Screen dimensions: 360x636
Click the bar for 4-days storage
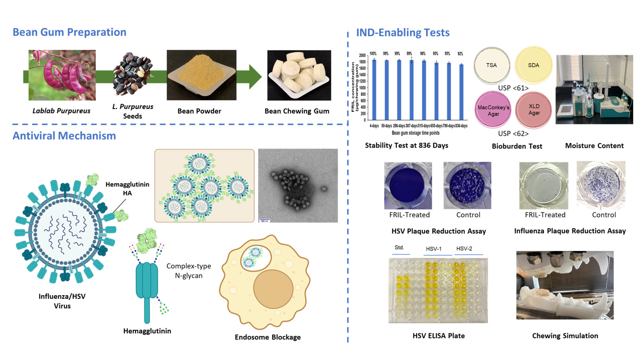[374, 90]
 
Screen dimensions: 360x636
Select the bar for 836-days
[461, 92]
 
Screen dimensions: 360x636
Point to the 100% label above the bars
[373, 54]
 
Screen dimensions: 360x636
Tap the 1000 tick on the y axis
[362, 88]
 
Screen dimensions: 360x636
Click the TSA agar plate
[492, 65]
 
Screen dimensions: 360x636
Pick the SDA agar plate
[533, 65]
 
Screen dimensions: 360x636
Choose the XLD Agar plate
[534, 110]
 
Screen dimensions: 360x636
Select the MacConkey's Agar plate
[493, 110]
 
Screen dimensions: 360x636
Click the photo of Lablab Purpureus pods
[62, 75]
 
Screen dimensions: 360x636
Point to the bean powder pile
[201, 72]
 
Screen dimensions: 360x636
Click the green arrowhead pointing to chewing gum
[255, 76]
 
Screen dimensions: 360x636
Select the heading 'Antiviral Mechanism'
[64, 136]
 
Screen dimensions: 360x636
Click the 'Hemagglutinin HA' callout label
[127, 189]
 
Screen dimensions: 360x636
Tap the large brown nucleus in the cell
[273, 289]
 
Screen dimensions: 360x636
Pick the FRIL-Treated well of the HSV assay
[408, 185]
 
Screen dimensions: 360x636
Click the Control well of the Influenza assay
[601, 185]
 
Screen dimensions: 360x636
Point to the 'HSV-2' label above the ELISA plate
[464, 249]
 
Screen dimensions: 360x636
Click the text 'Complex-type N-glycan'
[189, 270]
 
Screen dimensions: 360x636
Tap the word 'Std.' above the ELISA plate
[399, 247]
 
